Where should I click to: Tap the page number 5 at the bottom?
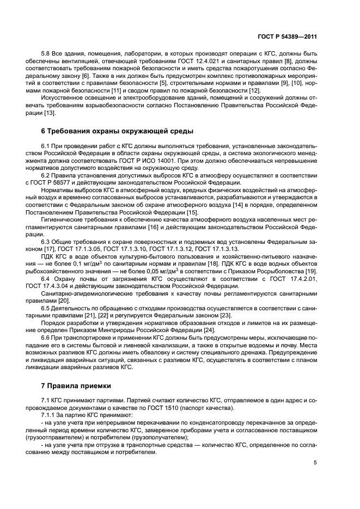(315, 463)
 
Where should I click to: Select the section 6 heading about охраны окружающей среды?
(117, 131)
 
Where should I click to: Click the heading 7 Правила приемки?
(76, 387)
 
